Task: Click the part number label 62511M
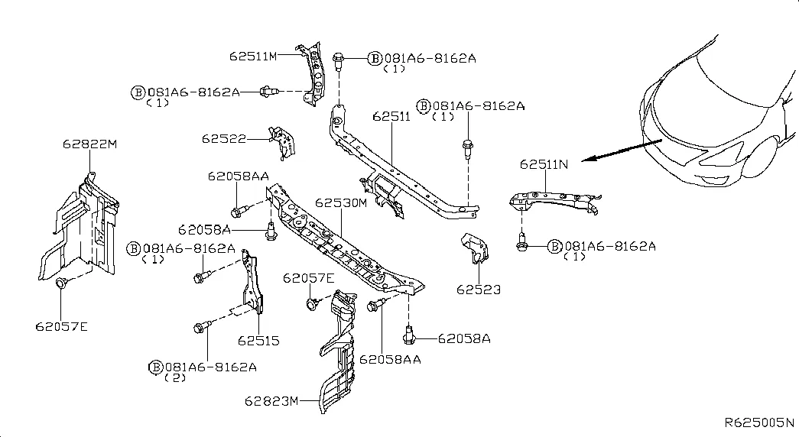pyautogui.click(x=252, y=55)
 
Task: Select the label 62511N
pyautogui.click(x=544, y=163)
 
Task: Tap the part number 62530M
pyautogui.click(x=341, y=203)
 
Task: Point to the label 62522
pyautogui.click(x=224, y=138)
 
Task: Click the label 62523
pyautogui.click(x=479, y=290)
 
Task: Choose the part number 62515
pyautogui.click(x=258, y=340)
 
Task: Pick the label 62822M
pyautogui.click(x=90, y=143)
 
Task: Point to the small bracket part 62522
pyautogui.click(x=282, y=141)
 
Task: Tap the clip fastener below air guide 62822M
pyautogui.click(x=61, y=284)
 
